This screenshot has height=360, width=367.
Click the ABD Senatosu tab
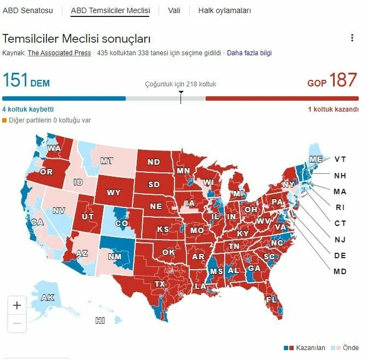(28, 10)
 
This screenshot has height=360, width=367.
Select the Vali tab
(174, 10)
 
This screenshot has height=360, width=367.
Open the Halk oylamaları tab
(224, 10)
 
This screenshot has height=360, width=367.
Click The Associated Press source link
(60, 53)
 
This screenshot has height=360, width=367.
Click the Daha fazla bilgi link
(249, 53)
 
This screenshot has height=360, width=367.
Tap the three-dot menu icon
(352, 38)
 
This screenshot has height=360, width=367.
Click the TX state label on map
(160, 284)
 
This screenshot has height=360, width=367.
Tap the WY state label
(114, 193)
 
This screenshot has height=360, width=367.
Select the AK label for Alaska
(48, 298)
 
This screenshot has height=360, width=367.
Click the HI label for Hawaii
(100, 321)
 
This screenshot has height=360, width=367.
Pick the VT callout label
(340, 159)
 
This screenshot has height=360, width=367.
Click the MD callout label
(340, 271)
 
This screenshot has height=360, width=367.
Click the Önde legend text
(351, 348)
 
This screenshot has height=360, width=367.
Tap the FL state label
(272, 300)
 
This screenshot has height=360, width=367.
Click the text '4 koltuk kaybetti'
(28, 109)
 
